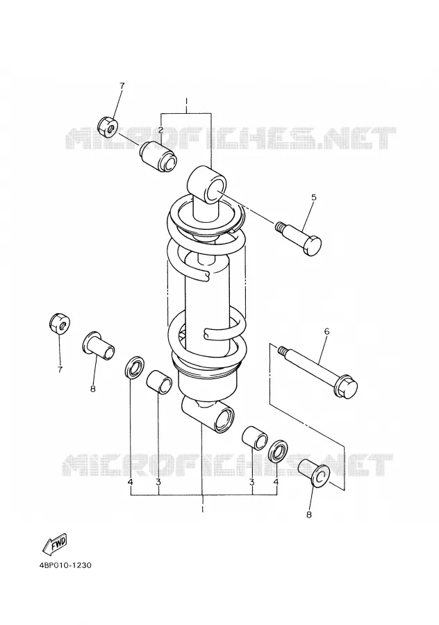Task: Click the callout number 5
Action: [313, 197]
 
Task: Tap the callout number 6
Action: [327, 331]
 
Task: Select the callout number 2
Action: [160, 130]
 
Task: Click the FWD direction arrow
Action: [55, 544]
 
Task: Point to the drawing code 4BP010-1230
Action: [66, 565]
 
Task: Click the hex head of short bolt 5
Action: [312, 245]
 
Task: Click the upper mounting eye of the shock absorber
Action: [208, 184]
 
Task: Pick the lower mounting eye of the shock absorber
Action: [209, 417]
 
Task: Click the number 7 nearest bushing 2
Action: [122, 85]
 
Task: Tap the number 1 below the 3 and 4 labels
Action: [203, 510]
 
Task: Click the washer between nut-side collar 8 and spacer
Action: [134, 367]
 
